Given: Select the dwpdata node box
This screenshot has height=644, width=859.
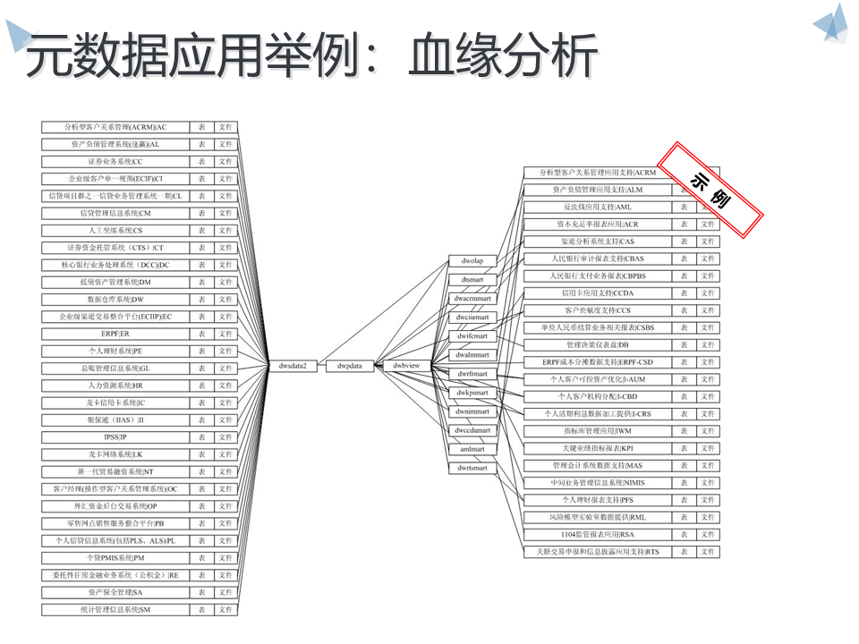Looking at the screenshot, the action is [350, 366].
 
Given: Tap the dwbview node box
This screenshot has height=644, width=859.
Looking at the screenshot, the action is [406, 366].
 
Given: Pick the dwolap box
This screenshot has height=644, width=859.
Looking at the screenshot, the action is [472, 261].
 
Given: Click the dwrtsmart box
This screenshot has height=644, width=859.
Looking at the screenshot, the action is [472, 468].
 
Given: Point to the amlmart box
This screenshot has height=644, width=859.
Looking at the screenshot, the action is [472, 449].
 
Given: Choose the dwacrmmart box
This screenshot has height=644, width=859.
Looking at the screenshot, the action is [472, 299].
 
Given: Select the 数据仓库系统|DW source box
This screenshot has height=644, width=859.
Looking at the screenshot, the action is [115, 299].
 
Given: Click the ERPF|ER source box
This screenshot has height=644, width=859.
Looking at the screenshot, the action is [115, 334].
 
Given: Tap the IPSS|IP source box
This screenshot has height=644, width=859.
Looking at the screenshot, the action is [115, 437].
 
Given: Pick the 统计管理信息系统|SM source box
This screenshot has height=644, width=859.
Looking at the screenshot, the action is [115, 610].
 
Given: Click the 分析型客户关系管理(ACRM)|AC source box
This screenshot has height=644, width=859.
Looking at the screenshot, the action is [115, 127].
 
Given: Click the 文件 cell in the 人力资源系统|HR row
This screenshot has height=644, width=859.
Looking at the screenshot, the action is [225, 386].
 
